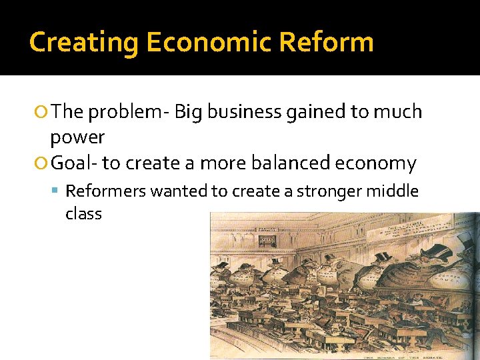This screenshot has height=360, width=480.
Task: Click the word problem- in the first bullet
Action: (x=128, y=111)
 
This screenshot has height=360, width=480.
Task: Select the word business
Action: (x=244, y=111)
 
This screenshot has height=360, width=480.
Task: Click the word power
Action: (x=77, y=137)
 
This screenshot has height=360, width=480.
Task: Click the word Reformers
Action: (x=106, y=191)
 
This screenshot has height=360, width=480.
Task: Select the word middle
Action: (x=395, y=191)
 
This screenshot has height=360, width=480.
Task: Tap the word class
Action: (x=83, y=214)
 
